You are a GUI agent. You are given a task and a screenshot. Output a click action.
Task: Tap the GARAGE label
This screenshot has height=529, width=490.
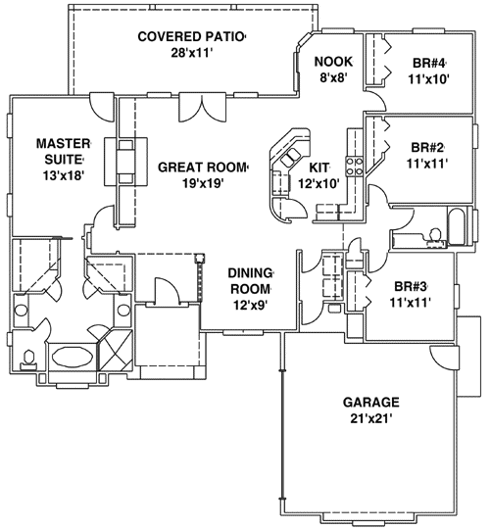[370, 402]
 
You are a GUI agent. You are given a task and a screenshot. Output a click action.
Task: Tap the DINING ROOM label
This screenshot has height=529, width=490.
[250, 281]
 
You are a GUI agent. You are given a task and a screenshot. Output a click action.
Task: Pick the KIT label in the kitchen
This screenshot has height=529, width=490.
[322, 168]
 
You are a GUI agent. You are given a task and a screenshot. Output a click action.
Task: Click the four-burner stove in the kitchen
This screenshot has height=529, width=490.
[358, 167]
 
